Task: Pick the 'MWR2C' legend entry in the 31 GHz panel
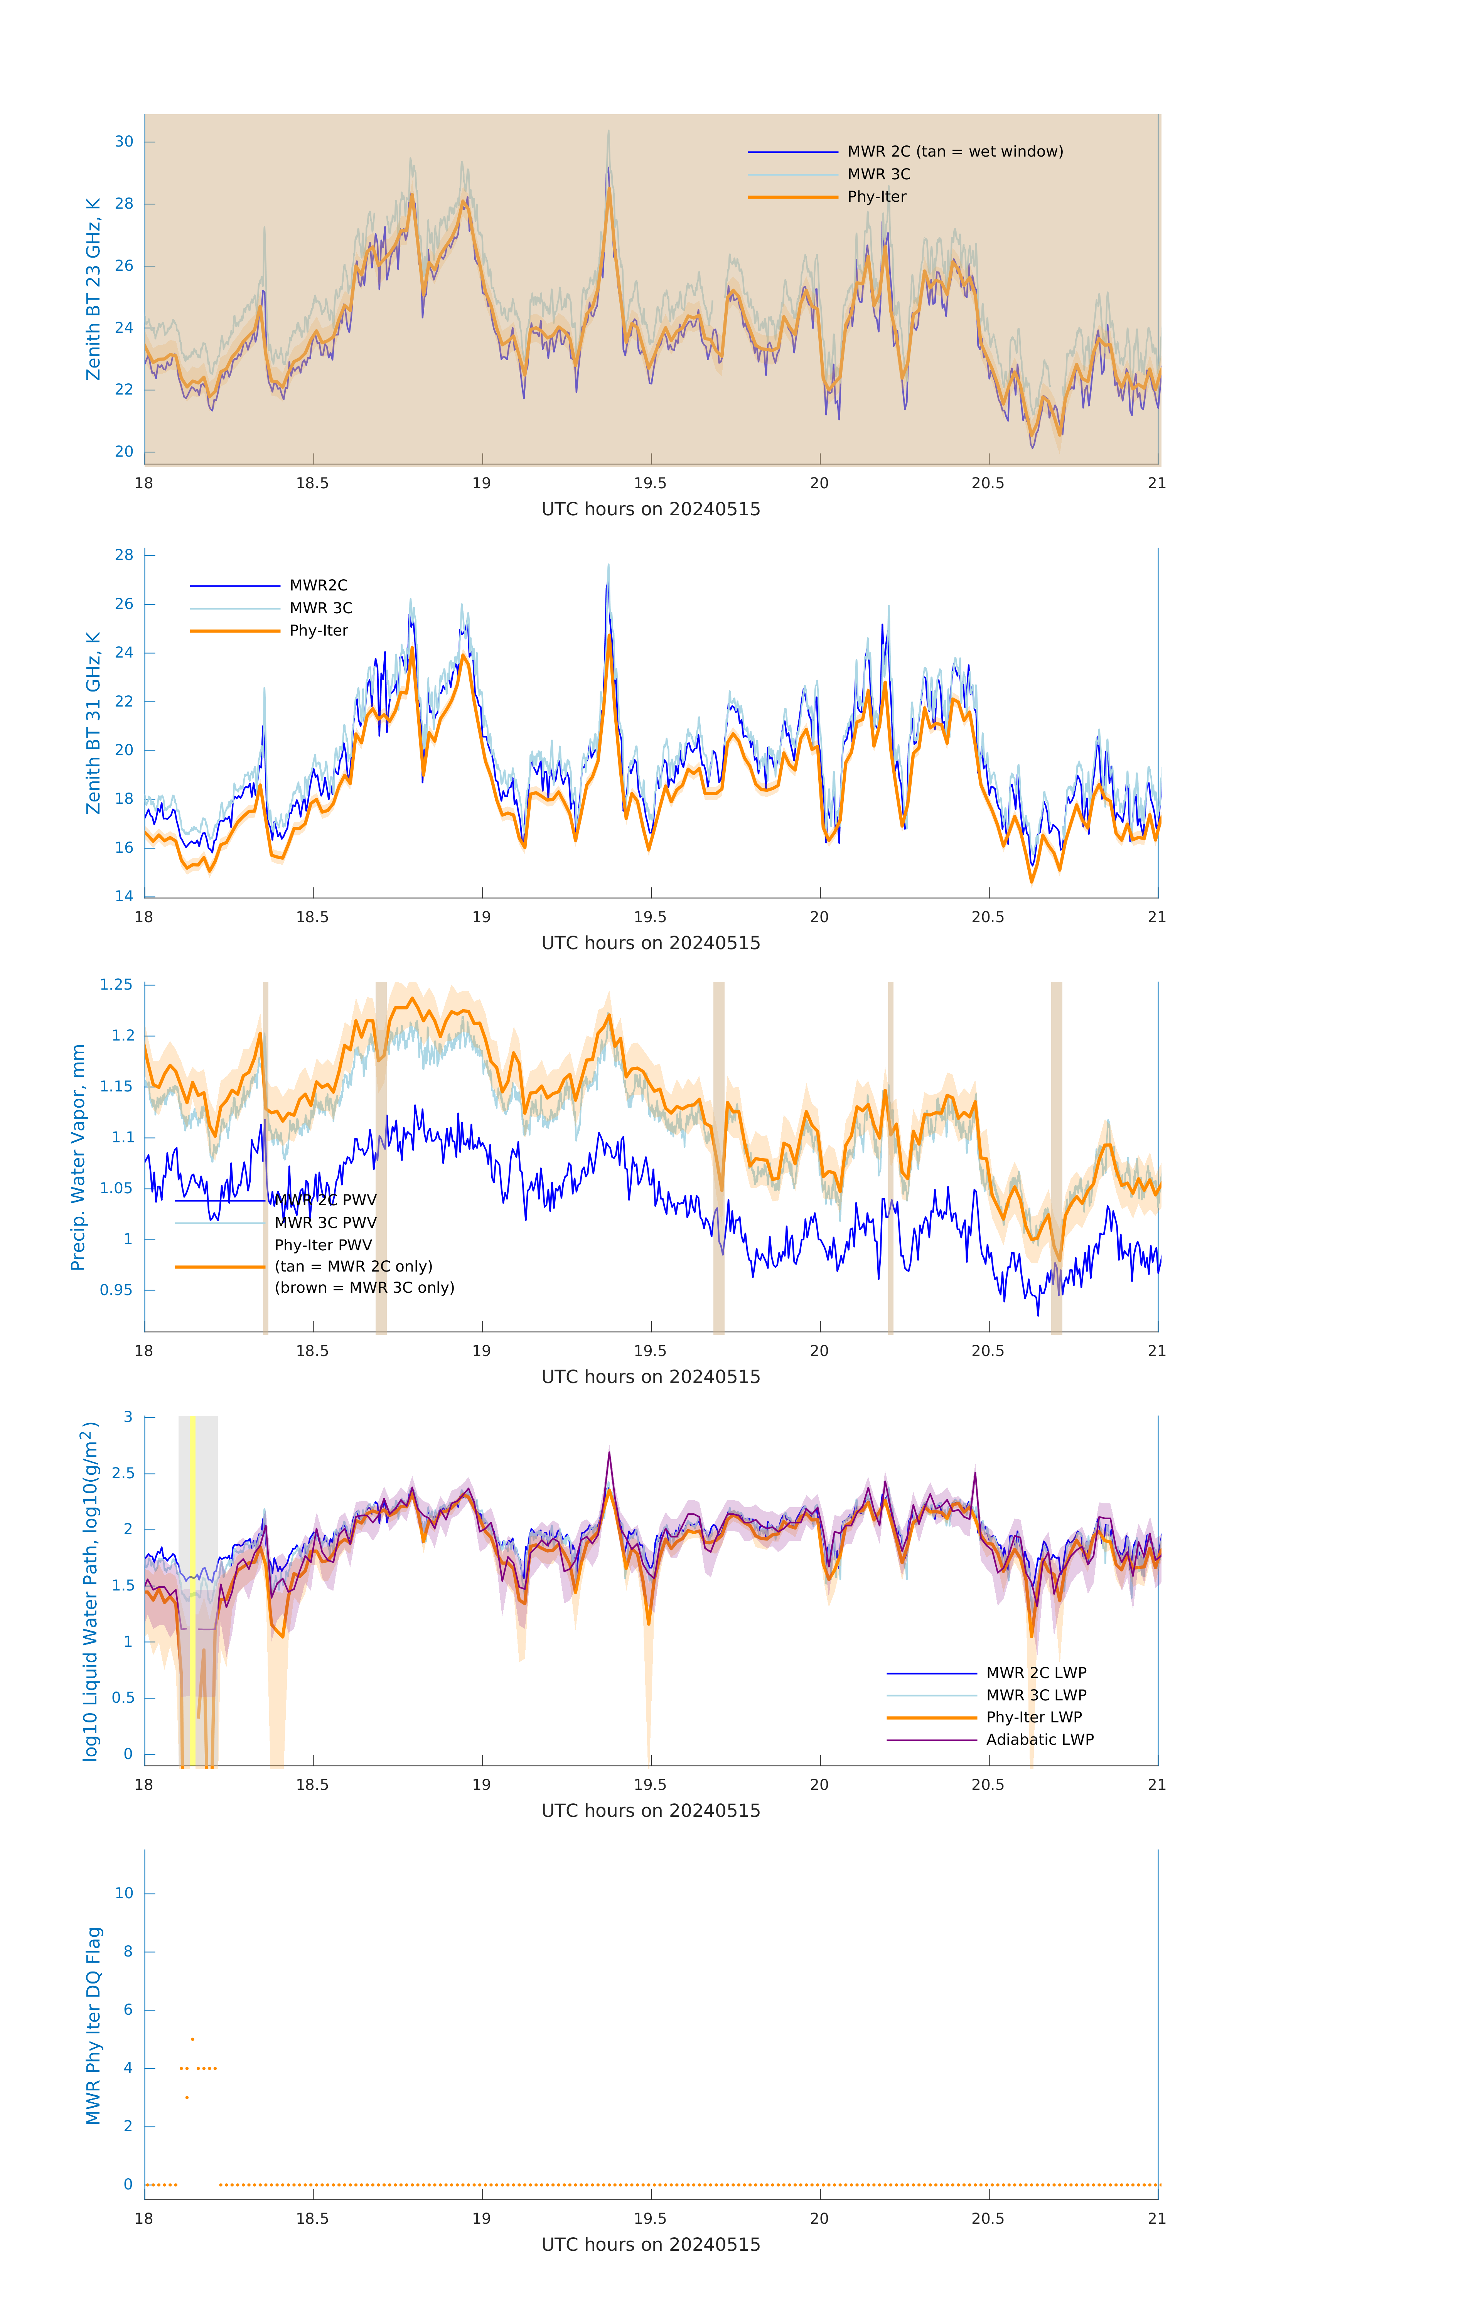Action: pos(318,585)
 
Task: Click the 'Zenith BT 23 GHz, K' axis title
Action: pos(93,289)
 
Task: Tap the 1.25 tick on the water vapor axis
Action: pos(116,985)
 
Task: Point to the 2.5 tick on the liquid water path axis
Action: pos(123,1473)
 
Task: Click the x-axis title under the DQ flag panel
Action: pos(651,2245)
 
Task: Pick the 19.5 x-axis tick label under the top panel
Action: pos(651,483)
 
